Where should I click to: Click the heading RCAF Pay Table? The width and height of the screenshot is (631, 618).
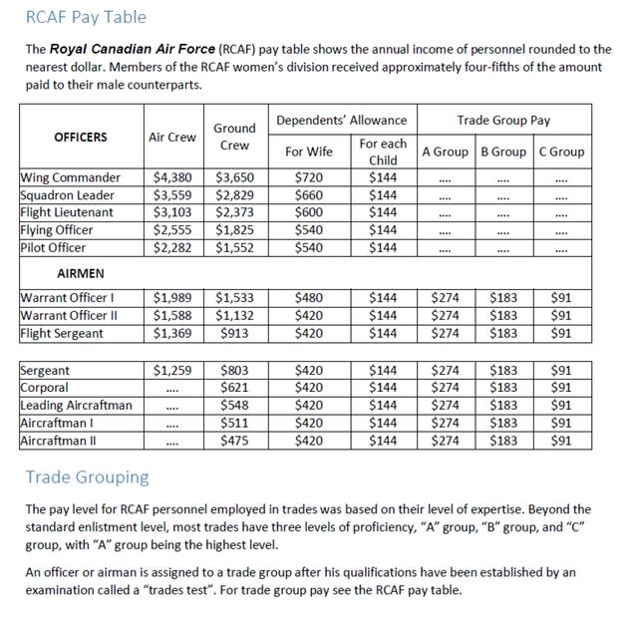85,17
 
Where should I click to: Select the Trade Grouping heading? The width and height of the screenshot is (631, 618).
87,476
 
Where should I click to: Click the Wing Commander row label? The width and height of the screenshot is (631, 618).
71,177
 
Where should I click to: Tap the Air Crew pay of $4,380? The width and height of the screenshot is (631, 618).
172,177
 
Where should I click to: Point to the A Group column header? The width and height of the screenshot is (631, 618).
445,152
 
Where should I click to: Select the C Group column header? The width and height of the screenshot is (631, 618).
561,152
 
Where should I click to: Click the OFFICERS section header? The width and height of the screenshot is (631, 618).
81,137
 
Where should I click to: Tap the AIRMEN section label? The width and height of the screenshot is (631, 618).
79,271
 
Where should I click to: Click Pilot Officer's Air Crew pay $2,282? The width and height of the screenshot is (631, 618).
172,247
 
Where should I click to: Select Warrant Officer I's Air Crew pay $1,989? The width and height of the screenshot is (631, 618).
172,297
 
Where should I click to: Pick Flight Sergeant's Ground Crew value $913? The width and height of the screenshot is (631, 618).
238,333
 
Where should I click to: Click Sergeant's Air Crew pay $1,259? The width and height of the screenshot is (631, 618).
172,370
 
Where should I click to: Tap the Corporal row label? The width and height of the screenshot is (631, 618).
45,388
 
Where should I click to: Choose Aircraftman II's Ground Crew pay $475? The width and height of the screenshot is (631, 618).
238,441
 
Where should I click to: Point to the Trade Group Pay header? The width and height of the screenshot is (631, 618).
503,121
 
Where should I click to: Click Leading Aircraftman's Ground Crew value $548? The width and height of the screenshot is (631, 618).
238,406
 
